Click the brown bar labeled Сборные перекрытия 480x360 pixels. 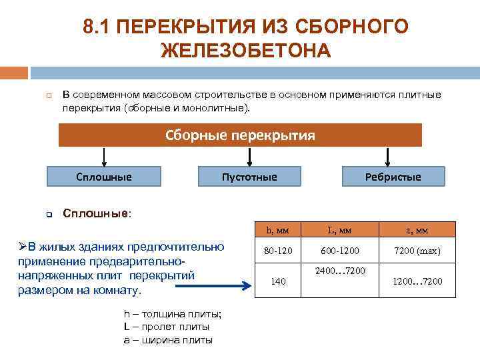[240, 135]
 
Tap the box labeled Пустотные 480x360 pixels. [249, 177]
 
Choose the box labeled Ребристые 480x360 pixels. [393, 177]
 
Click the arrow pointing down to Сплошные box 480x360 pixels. [103, 157]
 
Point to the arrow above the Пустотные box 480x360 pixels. [249, 157]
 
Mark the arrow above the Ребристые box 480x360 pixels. [393, 157]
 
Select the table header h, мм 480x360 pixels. [277, 230]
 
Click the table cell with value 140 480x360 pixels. [277, 282]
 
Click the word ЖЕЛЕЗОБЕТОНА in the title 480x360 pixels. [246, 50]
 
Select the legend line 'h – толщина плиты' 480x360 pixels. [173, 315]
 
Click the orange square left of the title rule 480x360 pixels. [13, 72]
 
